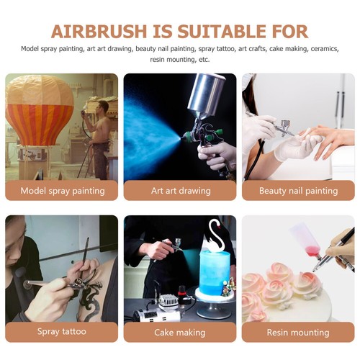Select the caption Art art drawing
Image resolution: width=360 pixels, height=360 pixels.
(x=180, y=191)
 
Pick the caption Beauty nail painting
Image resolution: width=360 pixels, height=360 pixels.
(x=298, y=191)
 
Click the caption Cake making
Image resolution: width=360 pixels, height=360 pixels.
(x=180, y=332)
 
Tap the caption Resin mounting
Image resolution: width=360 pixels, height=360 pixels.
(x=298, y=332)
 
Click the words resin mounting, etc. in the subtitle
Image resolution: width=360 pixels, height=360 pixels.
(x=180, y=59)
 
